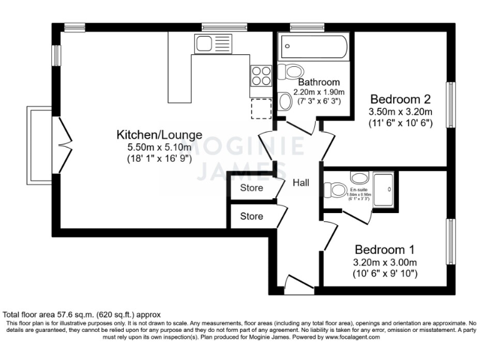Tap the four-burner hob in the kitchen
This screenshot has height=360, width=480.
(261, 76)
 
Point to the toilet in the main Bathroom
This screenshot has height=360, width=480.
(288, 72)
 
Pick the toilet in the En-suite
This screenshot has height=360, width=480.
(337, 189)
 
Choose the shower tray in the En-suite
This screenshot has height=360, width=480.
(384, 187)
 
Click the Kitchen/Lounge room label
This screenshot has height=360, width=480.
(159, 134)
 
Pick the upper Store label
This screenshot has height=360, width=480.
(251, 188)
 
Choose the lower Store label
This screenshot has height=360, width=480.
(251, 216)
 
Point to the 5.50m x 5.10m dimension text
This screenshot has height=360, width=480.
(159, 147)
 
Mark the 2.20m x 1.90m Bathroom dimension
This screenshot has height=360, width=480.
(319, 92)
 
